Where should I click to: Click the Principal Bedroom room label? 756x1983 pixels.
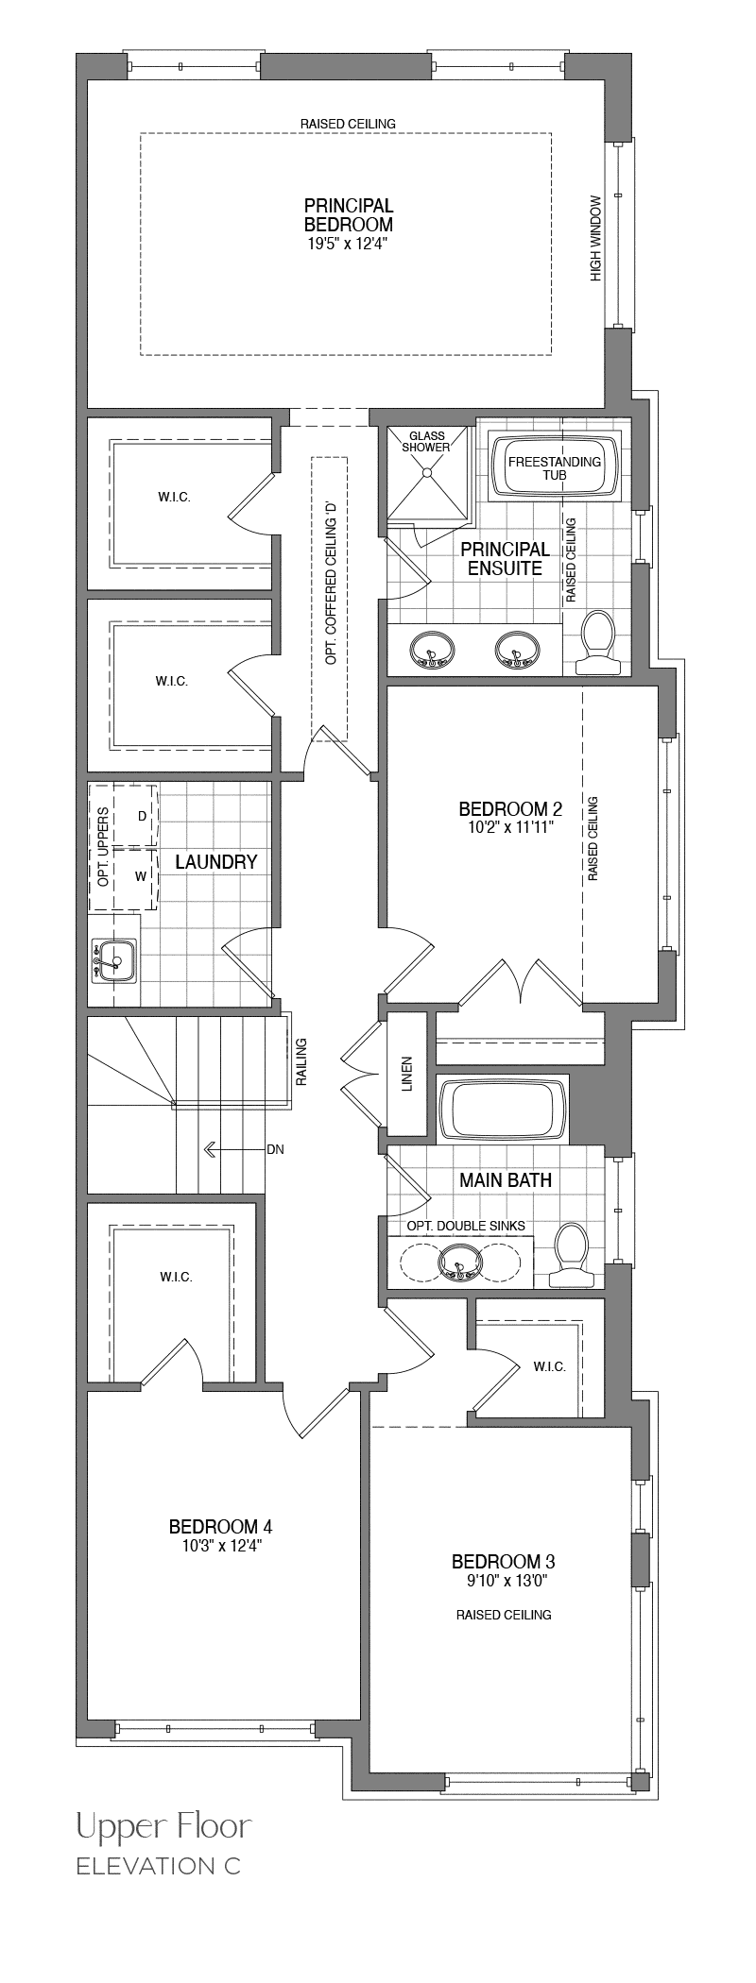[349, 215]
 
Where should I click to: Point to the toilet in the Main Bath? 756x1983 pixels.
[570, 1255]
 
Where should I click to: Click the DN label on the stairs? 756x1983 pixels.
[275, 1149]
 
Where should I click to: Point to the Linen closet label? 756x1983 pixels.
[407, 1074]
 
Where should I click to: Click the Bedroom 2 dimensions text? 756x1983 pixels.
[510, 827]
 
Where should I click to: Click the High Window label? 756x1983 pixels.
[595, 238]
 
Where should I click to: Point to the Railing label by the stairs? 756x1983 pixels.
[301, 1062]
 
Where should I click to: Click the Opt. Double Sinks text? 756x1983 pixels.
[466, 1226]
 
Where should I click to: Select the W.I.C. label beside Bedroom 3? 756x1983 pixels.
[549, 1366]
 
